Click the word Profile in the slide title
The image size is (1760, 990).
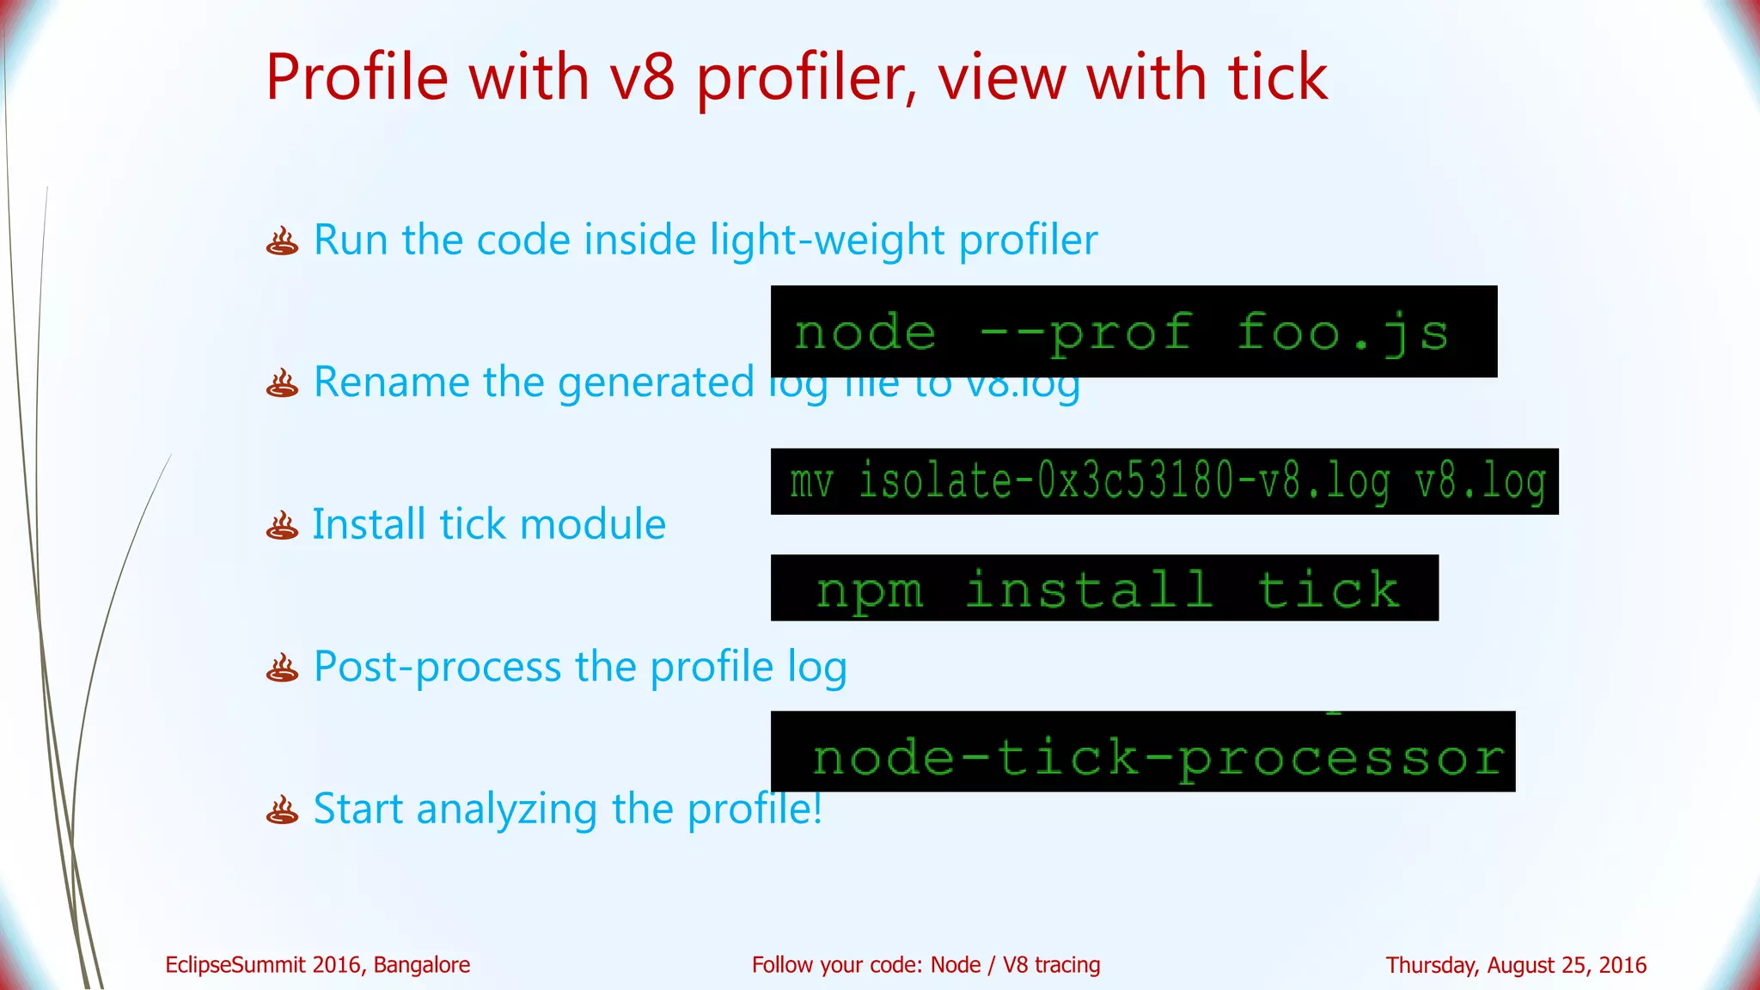point(357,77)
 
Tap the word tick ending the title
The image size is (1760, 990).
point(1277,77)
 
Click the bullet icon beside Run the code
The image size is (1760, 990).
point(282,241)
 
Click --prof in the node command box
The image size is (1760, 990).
point(1086,333)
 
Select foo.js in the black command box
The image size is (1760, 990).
point(1342,333)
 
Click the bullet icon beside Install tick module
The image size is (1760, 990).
point(282,526)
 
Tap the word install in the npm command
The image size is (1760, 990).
point(1090,590)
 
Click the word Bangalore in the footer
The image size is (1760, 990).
point(421,965)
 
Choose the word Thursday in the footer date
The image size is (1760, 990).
point(1432,965)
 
